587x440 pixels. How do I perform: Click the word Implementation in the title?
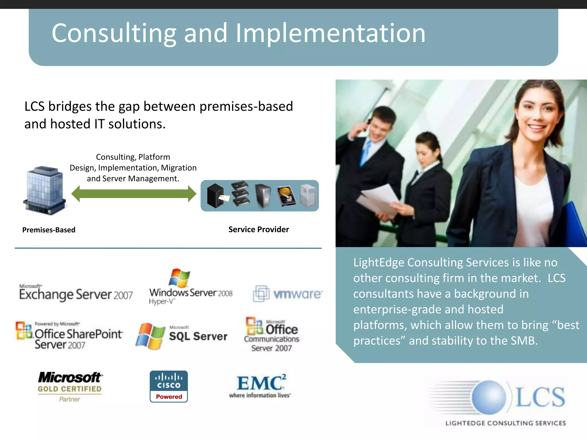point(330,34)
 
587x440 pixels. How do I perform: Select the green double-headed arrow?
point(134,194)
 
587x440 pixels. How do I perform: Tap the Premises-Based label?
point(49,230)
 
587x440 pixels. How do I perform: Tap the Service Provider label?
point(259,229)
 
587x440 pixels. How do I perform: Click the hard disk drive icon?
point(286,196)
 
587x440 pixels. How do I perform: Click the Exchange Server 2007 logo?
point(76,293)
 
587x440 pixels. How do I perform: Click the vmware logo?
point(288,294)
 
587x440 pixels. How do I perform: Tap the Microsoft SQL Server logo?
point(181,336)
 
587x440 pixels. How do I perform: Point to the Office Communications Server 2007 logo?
point(271,335)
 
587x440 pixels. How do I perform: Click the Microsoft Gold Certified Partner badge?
point(70,386)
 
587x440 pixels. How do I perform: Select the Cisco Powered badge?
point(169,386)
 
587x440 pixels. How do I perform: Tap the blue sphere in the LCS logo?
point(489,397)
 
